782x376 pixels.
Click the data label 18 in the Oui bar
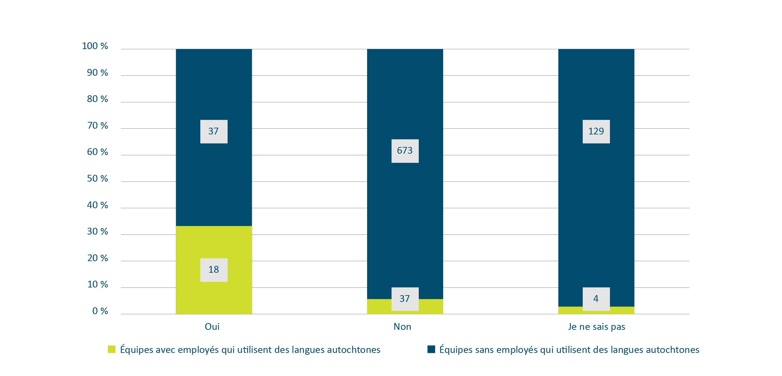(x=214, y=270)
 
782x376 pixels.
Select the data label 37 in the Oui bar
(x=214, y=132)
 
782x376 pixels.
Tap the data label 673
(x=405, y=151)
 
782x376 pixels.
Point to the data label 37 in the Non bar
(x=405, y=299)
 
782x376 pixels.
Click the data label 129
(x=596, y=132)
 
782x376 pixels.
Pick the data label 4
(x=596, y=299)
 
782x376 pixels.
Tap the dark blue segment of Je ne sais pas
(x=596, y=209)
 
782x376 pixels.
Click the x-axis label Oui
(x=212, y=327)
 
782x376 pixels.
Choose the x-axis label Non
(x=402, y=327)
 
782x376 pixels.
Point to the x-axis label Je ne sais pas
(x=597, y=327)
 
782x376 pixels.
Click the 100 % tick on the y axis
(x=95, y=46)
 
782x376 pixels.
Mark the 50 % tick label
(x=97, y=179)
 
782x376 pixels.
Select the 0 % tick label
(x=100, y=311)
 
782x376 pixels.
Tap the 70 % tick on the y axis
(x=97, y=126)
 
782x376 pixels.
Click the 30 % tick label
(x=97, y=232)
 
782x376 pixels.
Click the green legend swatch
(x=111, y=349)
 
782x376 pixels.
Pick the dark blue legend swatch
(x=431, y=349)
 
